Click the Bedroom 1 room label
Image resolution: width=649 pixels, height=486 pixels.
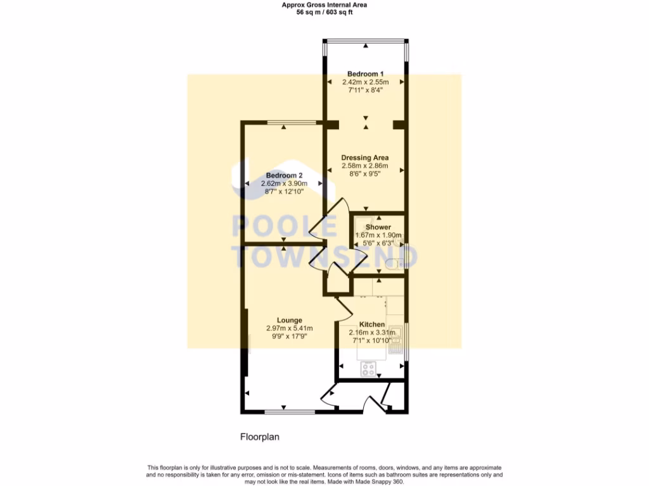(x=365, y=74)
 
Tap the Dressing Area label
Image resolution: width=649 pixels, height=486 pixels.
(x=364, y=158)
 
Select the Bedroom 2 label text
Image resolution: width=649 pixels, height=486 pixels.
(x=284, y=175)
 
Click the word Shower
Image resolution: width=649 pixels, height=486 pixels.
(x=378, y=227)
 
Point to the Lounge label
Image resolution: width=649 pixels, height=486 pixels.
(x=289, y=320)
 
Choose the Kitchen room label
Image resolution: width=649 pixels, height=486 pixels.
(x=372, y=324)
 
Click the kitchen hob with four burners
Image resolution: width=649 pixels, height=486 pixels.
(x=369, y=369)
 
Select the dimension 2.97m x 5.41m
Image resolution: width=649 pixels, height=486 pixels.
(x=289, y=328)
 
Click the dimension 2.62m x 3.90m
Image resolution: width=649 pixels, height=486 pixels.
(x=284, y=184)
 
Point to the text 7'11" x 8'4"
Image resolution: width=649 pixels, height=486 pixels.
(x=365, y=90)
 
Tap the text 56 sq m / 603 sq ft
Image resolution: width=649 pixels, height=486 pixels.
(x=324, y=11)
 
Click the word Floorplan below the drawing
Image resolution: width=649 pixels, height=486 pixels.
(x=259, y=437)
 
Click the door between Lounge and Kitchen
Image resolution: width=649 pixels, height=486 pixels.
(x=343, y=308)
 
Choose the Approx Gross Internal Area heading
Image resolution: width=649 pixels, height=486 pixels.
(x=324, y=4)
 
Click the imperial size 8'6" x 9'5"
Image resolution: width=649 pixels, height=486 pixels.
(x=364, y=174)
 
